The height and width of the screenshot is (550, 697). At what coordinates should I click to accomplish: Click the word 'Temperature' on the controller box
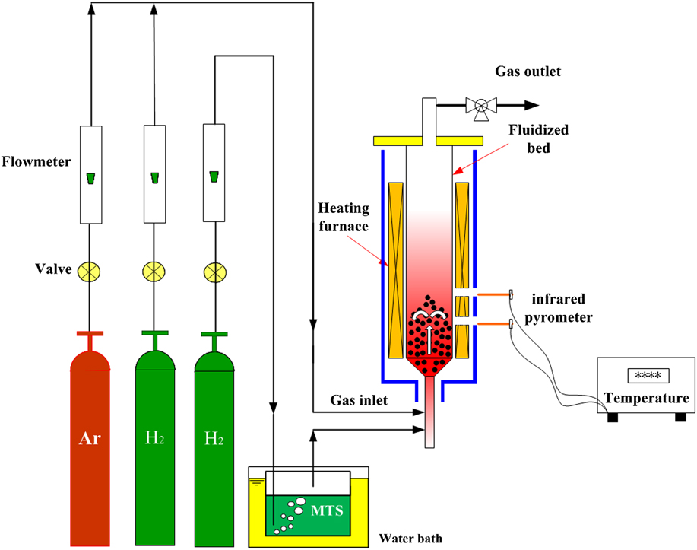[647, 398]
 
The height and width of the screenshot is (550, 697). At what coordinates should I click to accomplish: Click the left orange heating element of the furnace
[397, 269]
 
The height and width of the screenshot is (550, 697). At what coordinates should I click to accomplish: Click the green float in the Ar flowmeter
[90, 179]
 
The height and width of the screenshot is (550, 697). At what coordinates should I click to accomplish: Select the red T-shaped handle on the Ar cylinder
[90, 336]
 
